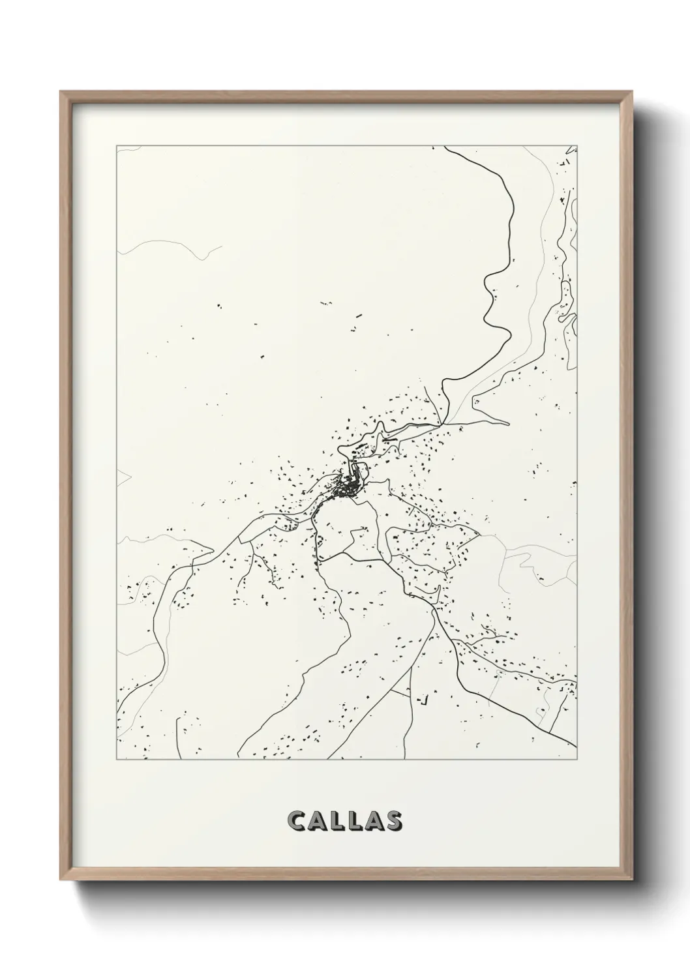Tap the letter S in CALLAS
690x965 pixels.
(393, 822)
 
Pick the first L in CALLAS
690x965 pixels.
(336, 822)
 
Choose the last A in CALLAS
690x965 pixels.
(373, 822)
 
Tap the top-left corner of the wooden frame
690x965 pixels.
(61, 92)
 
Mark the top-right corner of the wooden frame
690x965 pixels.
(629, 92)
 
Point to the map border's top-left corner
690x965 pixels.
(117, 146)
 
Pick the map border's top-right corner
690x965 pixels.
(577, 146)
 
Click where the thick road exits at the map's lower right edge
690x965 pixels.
(576, 747)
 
